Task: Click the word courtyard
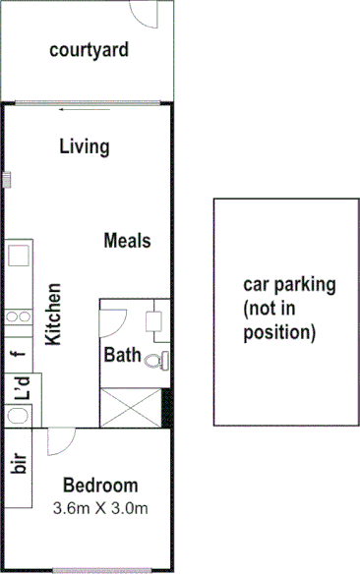point(89,49)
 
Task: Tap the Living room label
point(84,146)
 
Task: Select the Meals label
point(127,241)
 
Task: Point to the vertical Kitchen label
point(55,315)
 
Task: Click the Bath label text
point(123,356)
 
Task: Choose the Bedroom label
point(100,486)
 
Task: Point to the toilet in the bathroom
point(155,361)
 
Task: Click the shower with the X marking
point(131,407)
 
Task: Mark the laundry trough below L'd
point(17,416)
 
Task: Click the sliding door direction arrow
point(68,109)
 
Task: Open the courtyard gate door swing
point(147,13)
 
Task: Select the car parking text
point(289,309)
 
